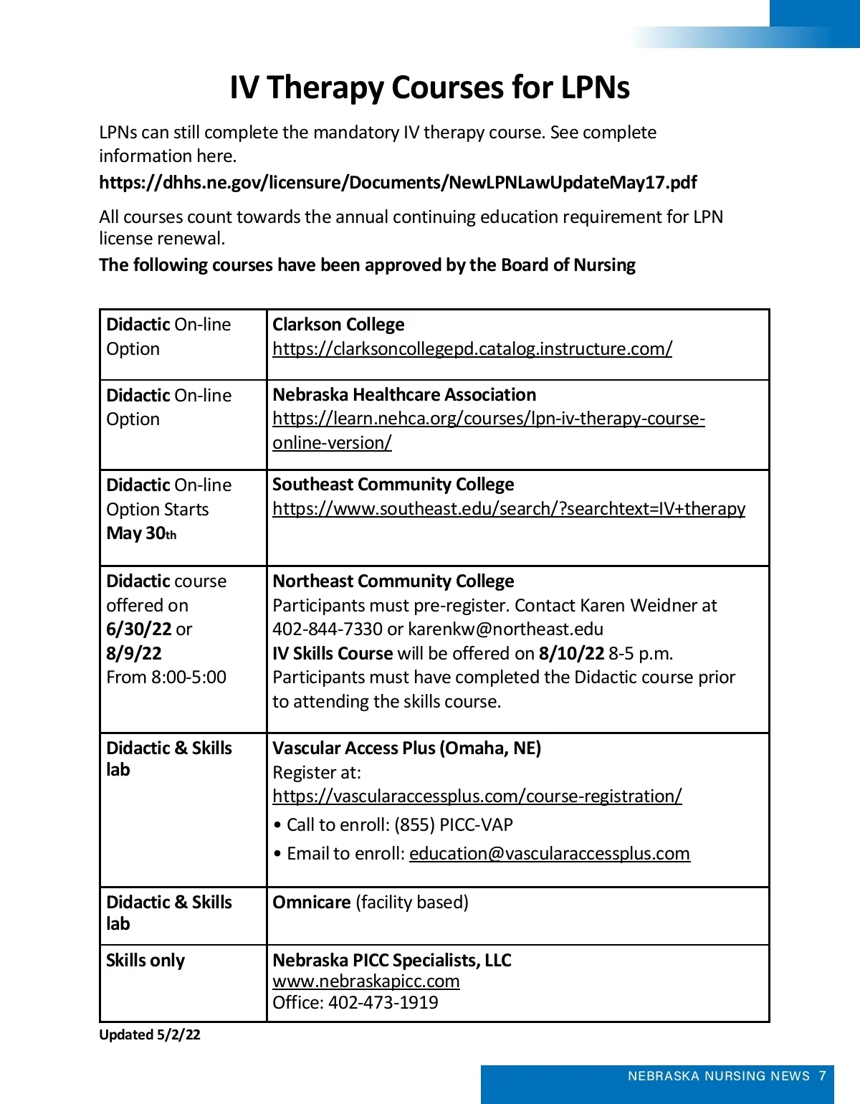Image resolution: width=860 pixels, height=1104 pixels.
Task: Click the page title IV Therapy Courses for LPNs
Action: (429, 87)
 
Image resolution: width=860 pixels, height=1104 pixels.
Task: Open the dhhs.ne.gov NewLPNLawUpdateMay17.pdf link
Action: (398, 182)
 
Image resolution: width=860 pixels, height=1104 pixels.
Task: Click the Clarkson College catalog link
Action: (472, 348)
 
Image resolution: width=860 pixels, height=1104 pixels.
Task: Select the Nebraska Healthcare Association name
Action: (404, 394)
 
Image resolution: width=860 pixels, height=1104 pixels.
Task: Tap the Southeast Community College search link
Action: (509, 508)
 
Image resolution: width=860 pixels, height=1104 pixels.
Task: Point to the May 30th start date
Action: (141, 533)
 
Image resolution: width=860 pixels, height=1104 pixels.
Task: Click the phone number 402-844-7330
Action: (327, 629)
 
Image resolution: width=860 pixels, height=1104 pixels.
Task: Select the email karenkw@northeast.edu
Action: (505, 629)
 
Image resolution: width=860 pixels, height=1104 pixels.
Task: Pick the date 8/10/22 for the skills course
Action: (571, 653)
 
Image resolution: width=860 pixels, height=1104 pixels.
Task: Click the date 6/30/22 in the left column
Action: (139, 629)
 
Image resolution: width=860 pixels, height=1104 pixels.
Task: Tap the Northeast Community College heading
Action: (393, 581)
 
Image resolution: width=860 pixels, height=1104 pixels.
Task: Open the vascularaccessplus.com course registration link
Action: (477, 796)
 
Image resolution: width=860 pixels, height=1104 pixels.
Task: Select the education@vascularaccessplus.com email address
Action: (550, 853)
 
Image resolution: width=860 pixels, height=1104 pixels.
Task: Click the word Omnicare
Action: (312, 902)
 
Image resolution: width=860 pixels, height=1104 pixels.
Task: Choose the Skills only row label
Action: (145, 960)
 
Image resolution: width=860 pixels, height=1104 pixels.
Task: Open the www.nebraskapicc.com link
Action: (366, 981)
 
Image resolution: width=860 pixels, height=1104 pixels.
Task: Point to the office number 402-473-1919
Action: (383, 1002)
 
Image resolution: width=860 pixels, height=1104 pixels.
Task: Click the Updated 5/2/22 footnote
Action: (150, 1034)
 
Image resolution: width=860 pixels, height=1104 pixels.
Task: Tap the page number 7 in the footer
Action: (822, 1075)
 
